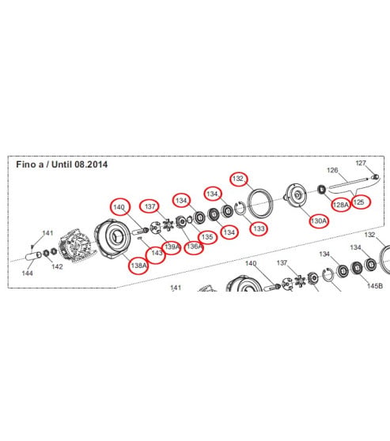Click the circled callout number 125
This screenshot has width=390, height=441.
tap(358, 202)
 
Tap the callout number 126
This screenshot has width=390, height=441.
tap(332, 170)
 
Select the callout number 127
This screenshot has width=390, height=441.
tap(361, 163)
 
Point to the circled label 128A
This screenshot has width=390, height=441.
tap(341, 205)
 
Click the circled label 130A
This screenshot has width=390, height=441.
tap(319, 221)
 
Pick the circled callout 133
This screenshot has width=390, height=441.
tap(259, 228)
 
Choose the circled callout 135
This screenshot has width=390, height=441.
tap(207, 237)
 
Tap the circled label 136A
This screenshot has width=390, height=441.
tap(195, 247)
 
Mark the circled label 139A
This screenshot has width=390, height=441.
tap(172, 247)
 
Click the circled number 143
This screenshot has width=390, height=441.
tap(157, 253)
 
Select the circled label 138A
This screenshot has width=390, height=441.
tap(138, 266)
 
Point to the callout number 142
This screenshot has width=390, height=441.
tap(57, 266)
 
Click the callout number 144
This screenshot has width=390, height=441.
tap(28, 273)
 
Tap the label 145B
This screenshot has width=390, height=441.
tap(375, 286)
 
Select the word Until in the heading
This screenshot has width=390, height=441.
tap(62, 164)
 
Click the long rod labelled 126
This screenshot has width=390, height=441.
tap(349, 182)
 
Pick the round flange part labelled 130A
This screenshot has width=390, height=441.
tap(296, 194)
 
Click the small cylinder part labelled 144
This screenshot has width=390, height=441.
tap(33, 256)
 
